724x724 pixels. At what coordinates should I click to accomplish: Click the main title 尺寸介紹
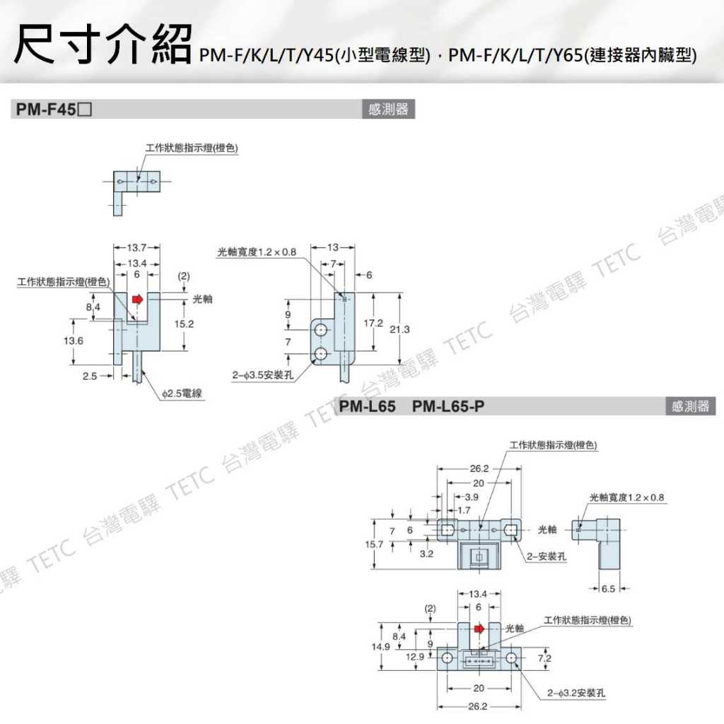[103, 45]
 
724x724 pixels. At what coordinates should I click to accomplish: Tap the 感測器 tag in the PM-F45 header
[388, 110]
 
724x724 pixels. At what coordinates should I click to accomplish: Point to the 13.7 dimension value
[136, 248]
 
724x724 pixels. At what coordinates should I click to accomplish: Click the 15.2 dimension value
[185, 324]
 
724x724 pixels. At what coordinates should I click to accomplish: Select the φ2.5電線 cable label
[182, 393]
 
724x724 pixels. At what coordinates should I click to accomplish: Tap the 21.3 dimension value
[399, 329]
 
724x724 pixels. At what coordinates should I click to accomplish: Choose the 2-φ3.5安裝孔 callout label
[263, 375]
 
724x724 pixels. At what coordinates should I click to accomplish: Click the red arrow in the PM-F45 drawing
[137, 300]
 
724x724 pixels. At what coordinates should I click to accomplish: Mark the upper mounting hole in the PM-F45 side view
[321, 330]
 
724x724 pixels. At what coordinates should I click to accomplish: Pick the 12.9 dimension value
[415, 658]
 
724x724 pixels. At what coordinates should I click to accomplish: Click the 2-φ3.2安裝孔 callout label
[576, 694]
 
